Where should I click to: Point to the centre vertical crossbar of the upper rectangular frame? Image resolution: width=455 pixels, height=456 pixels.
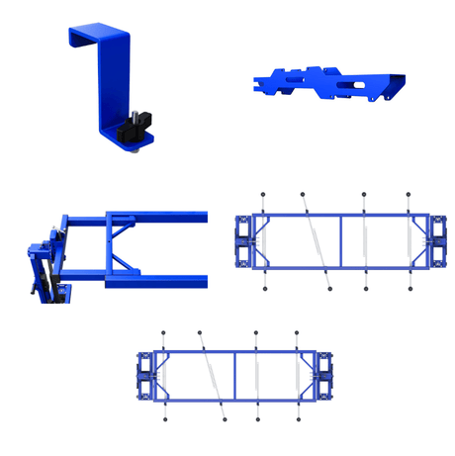coord(341,240)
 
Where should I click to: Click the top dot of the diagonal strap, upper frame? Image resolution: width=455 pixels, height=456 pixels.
coord(303,194)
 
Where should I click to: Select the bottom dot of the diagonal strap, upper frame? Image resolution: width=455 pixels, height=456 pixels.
coord(330,289)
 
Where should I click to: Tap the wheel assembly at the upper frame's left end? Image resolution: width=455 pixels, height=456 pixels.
coord(242,240)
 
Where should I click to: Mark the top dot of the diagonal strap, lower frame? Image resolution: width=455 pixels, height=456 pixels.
coord(200,332)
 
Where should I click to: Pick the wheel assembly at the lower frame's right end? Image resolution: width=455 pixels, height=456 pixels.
coord(319,375)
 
